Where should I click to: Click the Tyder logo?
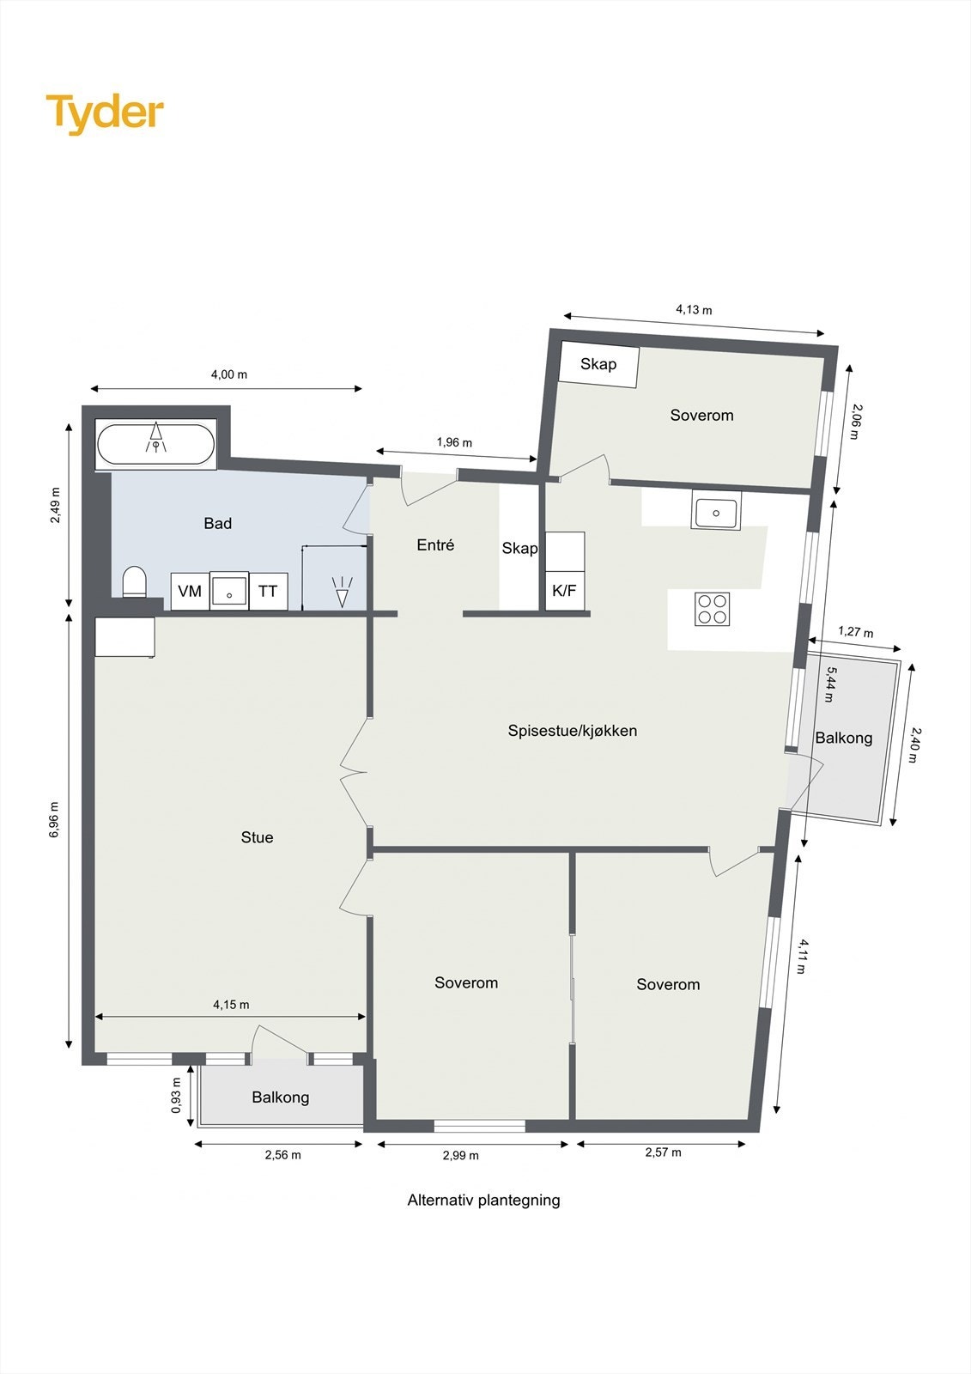point(105,112)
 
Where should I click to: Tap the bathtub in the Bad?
point(155,445)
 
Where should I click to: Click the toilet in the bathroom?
point(135,582)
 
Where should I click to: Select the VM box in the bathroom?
point(190,592)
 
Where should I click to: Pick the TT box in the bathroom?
point(268,592)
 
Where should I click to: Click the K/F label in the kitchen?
point(564,591)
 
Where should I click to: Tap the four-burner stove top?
point(713,609)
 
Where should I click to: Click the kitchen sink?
point(716,513)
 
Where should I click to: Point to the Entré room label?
point(435,545)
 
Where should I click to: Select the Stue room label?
point(257,838)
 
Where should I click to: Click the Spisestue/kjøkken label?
point(572,732)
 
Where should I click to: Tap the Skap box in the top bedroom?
point(598,364)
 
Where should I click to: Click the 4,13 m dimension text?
point(694,310)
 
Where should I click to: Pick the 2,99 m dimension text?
point(461,1156)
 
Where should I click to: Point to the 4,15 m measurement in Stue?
point(231,1005)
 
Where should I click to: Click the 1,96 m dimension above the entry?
point(454,443)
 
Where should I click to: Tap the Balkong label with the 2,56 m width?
point(281,1097)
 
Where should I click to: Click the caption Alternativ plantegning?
point(483,1201)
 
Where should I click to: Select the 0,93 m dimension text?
point(177,1096)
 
